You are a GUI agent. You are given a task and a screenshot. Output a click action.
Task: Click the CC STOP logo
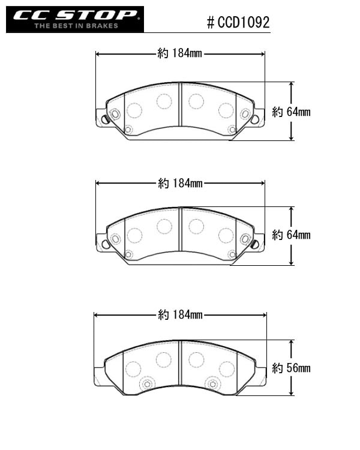pos(75,20)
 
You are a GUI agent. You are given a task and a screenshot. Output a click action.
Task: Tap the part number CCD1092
pos(244,22)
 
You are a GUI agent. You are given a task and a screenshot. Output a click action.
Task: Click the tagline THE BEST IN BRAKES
pos(76,26)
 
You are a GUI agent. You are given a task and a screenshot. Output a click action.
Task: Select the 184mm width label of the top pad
pos(180,53)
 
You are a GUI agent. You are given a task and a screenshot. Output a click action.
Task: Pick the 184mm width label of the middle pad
pos(180,183)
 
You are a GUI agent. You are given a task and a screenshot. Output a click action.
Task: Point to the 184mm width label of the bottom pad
pos(180,315)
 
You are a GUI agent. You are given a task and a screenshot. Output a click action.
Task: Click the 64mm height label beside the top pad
pos(291,112)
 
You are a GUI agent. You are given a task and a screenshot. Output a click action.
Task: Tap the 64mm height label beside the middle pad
pos(291,235)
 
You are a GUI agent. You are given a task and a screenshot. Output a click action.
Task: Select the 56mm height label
pos(291,368)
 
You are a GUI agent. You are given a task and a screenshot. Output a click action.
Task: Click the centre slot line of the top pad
pos(180,104)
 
